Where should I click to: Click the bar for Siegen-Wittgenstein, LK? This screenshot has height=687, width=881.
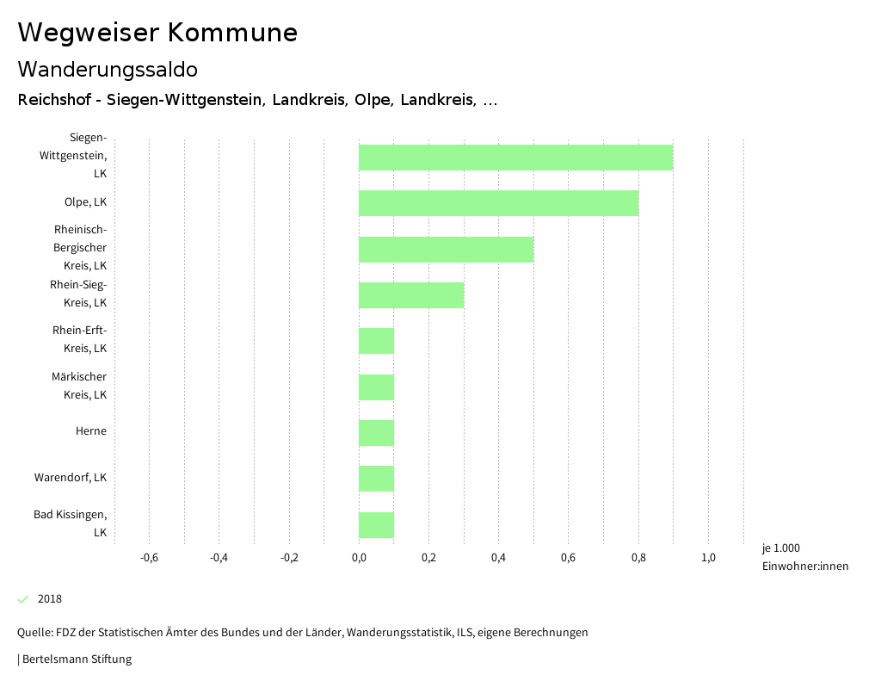pyautogui.click(x=515, y=158)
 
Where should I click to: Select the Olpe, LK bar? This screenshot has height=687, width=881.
pyautogui.click(x=498, y=203)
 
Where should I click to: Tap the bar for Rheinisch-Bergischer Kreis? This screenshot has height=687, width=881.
pyautogui.click(x=446, y=250)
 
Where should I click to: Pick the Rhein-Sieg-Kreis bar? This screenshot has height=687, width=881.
pyautogui.click(x=411, y=295)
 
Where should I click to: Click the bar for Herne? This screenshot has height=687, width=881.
pyautogui.click(x=376, y=433)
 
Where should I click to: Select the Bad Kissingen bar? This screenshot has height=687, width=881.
pyautogui.click(x=376, y=525)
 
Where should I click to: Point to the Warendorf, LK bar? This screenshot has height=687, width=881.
pyautogui.click(x=376, y=479)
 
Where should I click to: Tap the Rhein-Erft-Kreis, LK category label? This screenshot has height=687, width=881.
pyautogui.click(x=79, y=339)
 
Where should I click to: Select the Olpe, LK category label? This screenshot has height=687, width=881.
pyautogui.click(x=85, y=202)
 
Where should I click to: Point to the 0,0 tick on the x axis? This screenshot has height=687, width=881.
pyautogui.click(x=359, y=557)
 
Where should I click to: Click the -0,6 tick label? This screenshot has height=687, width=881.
pyautogui.click(x=149, y=557)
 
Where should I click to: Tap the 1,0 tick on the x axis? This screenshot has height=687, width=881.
pyautogui.click(x=708, y=557)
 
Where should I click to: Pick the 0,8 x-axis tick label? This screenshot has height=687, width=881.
pyautogui.click(x=638, y=557)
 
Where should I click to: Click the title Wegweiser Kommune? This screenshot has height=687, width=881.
pyautogui.click(x=157, y=33)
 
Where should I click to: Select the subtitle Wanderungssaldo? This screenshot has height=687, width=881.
pyautogui.click(x=108, y=69)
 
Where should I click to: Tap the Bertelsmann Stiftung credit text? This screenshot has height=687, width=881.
pyautogui.click(x=75, y=659)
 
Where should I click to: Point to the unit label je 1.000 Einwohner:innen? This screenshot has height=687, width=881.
pyautogui.click(x=804, y=557)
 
